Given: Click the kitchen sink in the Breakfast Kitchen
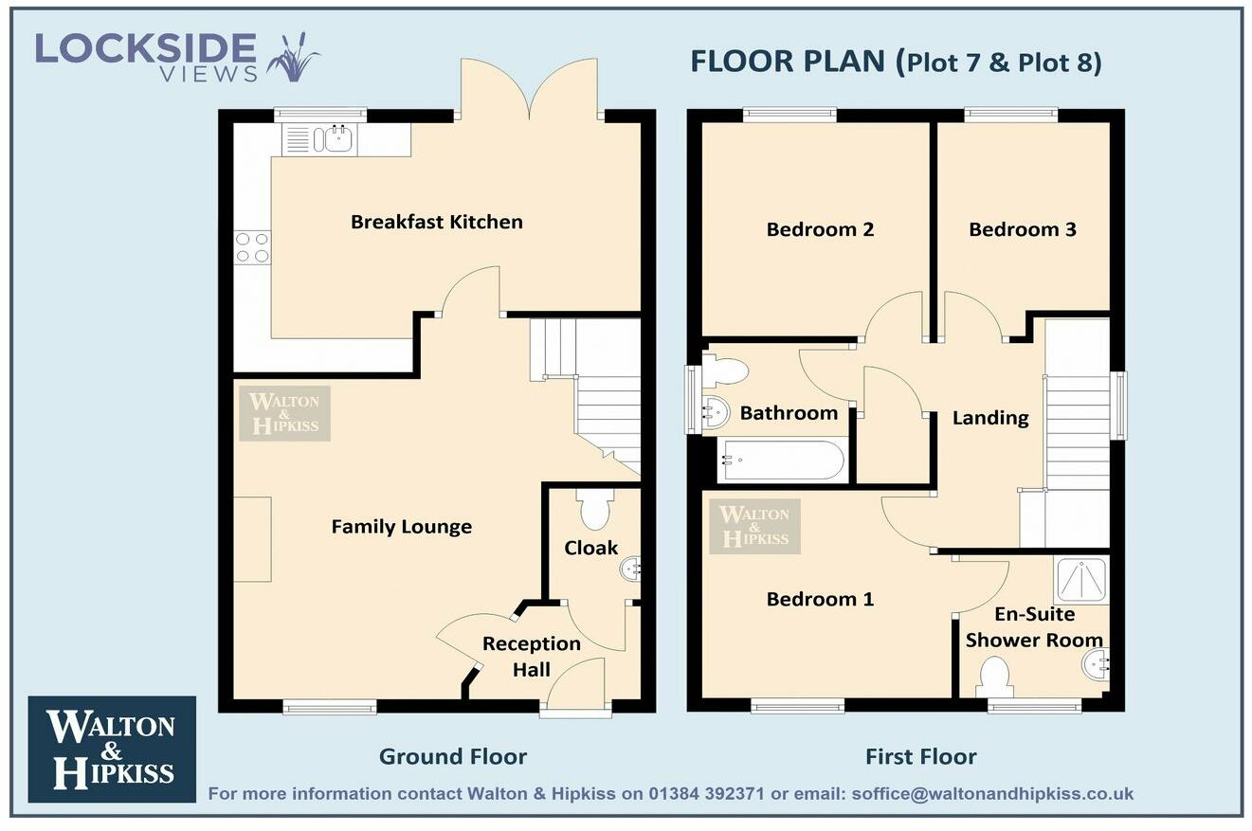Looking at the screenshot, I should click(337, 139).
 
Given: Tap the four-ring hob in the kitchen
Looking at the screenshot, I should click(252, 247).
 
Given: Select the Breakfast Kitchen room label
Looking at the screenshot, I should click(436, 222).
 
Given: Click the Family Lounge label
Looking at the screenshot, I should click(401, 527).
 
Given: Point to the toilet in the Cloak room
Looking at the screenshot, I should click(595, 510).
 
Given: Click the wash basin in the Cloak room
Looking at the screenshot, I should click(630, 569).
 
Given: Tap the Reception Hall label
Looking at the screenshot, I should click(531, 656).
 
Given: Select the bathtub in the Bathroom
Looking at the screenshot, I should click(781, 460).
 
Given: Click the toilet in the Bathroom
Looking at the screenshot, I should click(725, 370).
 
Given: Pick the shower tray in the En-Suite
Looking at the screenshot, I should click(1080, 580).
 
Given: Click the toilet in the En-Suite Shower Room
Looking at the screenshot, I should click(993, 677).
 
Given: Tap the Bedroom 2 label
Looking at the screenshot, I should click(820, 229).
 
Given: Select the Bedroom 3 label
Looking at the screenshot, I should click(1022, 229).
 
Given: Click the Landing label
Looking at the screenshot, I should click(990, 418).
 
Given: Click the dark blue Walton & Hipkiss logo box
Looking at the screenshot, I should click(112, 750).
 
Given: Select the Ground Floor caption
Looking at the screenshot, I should click(452, 756).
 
